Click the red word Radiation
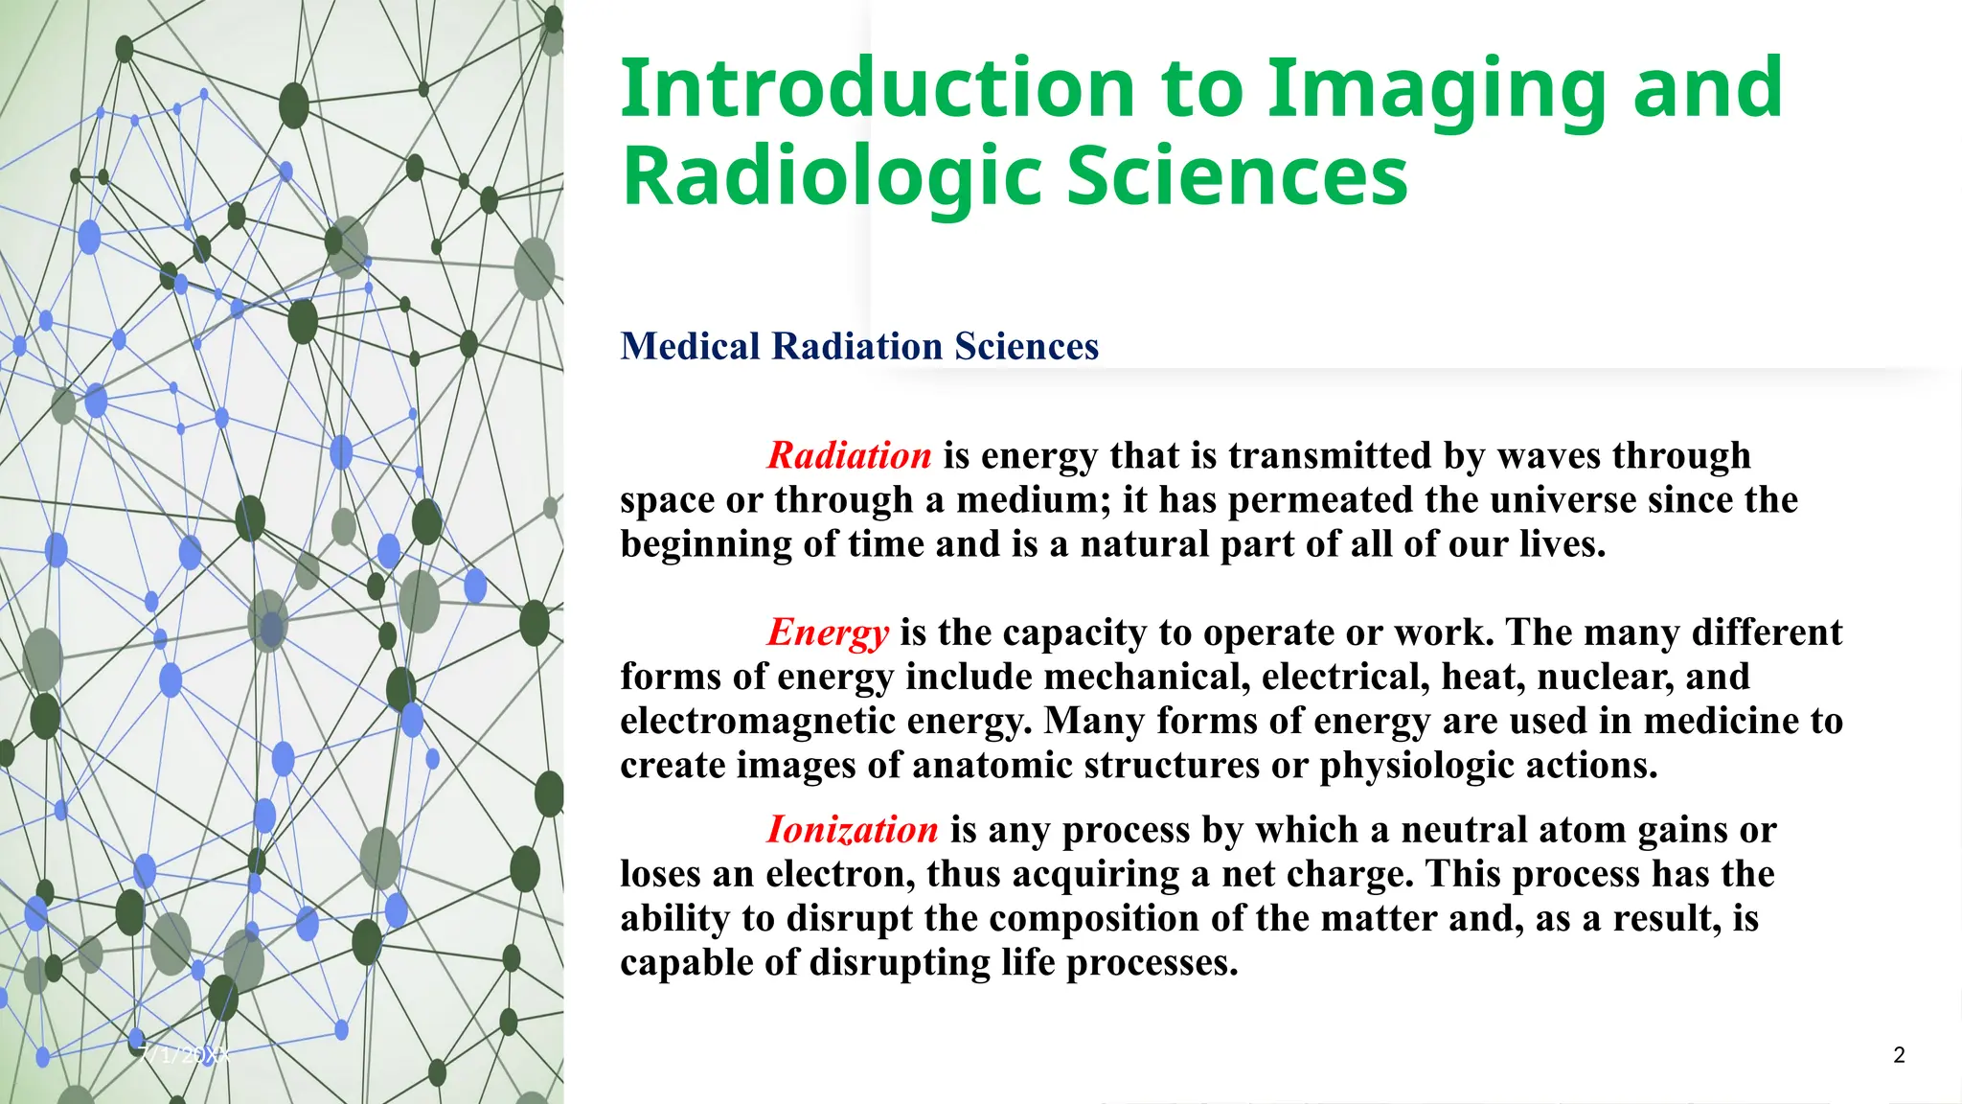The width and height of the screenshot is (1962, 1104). [x=849, y=455]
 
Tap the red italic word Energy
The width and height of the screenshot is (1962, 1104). [x=828, y=632]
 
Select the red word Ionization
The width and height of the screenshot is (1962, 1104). [x=852, y=830]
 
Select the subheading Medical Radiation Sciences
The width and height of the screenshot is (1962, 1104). [x=859, y=346]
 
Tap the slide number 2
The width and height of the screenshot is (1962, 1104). [x=1899, y=1055]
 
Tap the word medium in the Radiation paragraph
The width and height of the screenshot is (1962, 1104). [x=1026, y=500]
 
